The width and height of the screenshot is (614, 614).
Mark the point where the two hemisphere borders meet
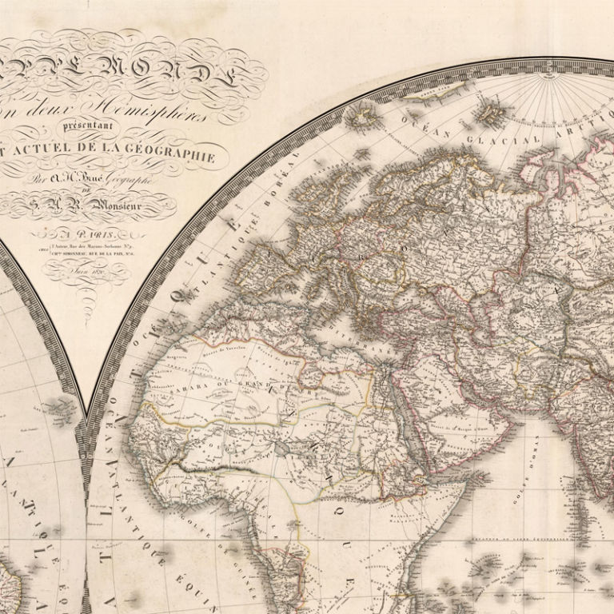(86, 416)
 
